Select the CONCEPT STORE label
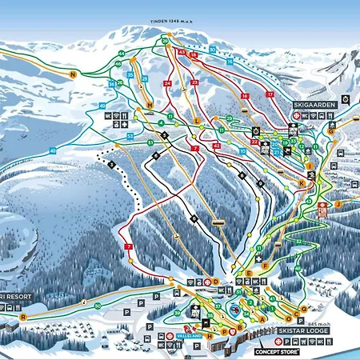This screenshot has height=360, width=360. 277,350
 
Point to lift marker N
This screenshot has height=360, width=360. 73,74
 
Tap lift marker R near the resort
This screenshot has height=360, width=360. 24,316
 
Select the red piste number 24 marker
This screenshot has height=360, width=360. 167,82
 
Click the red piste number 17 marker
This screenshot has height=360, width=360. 270,94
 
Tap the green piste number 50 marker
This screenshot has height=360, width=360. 98,306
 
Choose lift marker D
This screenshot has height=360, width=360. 216,282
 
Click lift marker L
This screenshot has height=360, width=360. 196,120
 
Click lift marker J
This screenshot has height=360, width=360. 338,204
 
